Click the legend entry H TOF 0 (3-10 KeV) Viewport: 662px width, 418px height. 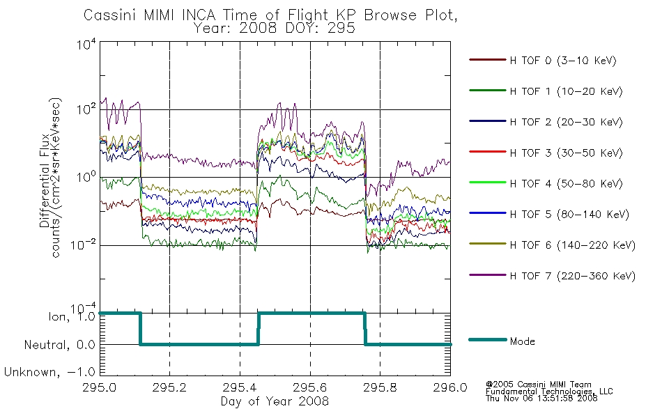coord(563,61)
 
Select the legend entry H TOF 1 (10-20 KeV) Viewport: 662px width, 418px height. coord(566,91)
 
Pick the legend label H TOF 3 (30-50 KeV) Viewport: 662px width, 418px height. coord(566,153)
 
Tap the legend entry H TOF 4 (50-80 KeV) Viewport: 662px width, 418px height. coord(566,184)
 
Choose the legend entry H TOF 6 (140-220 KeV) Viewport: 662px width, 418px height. coord(573,245)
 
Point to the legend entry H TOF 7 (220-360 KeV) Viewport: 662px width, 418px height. coord(573,276)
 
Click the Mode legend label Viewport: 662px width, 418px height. coord(522,341)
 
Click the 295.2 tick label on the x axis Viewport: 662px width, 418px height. coord(169,387)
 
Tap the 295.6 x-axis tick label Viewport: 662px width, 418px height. coord(310,387)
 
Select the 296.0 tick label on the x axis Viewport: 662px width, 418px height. coord(450,387)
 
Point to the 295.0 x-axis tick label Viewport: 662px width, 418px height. coord(99,387)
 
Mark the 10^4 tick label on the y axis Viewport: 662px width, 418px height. coord(86,44)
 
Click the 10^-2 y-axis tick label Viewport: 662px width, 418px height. coord(83,245)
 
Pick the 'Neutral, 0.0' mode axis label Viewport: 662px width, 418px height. coord(59,345)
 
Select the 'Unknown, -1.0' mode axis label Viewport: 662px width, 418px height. coord(49,372)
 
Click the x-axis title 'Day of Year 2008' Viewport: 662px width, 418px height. coord(275,401)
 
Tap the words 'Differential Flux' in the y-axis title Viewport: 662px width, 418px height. coord(45,181)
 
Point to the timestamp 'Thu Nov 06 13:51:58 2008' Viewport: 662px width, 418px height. coord(541,398)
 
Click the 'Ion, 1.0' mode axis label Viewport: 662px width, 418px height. coord(72,316)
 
